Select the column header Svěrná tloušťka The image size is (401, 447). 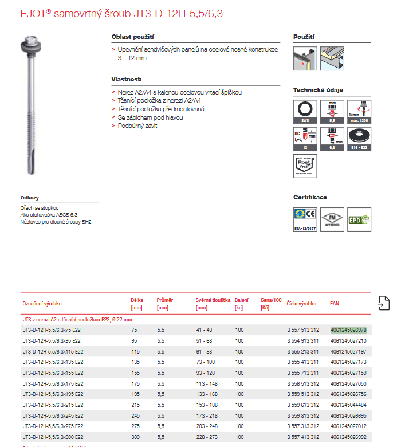click(x=213, y=300)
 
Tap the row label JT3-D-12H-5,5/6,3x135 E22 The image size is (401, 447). click(x=53, y=362)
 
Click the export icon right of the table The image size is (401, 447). click(x=384, y=303)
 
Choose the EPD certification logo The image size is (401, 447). click(x=360, y=219)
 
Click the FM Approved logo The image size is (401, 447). click(x=332, y=219)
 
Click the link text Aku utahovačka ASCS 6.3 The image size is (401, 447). click(x=49, y=214)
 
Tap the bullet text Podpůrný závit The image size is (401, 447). click(x=137, y=126)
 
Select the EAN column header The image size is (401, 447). click(x=335, y=303)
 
